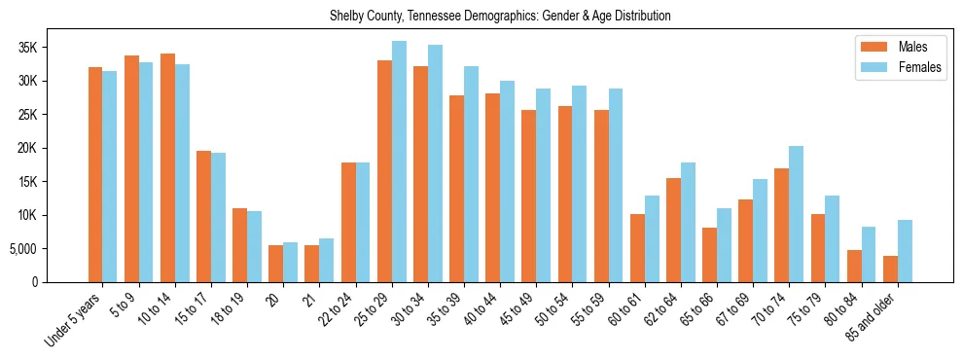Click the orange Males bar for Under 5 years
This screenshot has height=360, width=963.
click(x=95, y=175)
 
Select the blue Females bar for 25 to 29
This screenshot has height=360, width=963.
click(x=399, y=162)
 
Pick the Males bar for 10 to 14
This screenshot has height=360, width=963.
click(x=167, y=168)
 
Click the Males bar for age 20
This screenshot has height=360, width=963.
click(x=275, y=264)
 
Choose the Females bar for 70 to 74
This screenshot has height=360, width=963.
click(x=797, y=214)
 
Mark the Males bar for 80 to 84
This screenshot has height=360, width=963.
click(x=854, y=267)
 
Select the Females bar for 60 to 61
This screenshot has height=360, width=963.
click(x=652, y=239)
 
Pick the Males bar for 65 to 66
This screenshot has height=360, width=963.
click(x=709, y=255)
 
